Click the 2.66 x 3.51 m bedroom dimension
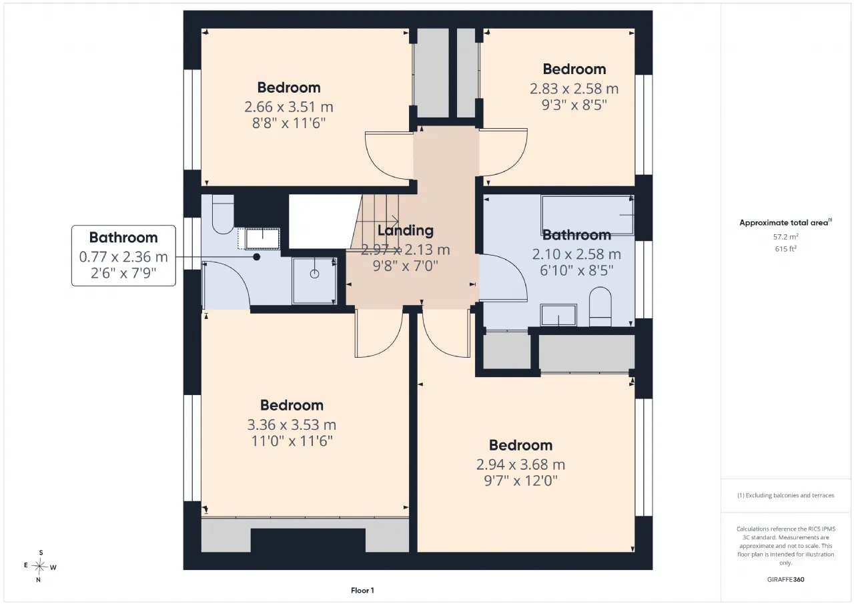(289, 107)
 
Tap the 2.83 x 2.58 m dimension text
(574, 89)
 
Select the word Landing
(405, 230)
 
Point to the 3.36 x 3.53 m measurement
(292, 424)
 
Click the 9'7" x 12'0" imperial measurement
(521, 481)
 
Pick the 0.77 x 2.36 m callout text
(123, 257)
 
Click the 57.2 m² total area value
(786, 237)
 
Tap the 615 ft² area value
(786, 249)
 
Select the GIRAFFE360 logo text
(786, 579)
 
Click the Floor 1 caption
(362, 590)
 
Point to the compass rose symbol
(39, 566)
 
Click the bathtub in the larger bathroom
(587, 215)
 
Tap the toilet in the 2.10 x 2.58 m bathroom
(600, 306)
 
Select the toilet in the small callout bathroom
(223, 214)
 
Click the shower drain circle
(314, 274)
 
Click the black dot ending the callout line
(257, 257)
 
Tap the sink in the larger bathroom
(558, 315)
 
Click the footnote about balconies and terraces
(786, 495)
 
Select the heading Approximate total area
(784, 223)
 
